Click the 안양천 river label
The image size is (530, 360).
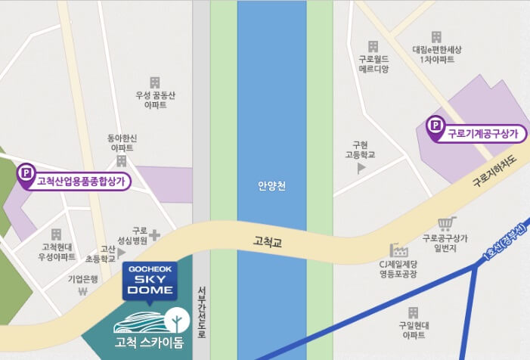pos(271,185)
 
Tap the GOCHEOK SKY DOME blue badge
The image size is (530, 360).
pos(150,280)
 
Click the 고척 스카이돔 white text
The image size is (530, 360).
pos(148,343)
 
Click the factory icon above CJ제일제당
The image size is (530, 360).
pos(398,250)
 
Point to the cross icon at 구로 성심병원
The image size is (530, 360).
pos(154,235)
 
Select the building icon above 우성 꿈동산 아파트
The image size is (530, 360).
pos(155,82)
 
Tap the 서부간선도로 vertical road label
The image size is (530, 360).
pos(202,312)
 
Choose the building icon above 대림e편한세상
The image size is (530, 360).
pos(435,37)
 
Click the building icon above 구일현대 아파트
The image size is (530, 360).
pos(414,312)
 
